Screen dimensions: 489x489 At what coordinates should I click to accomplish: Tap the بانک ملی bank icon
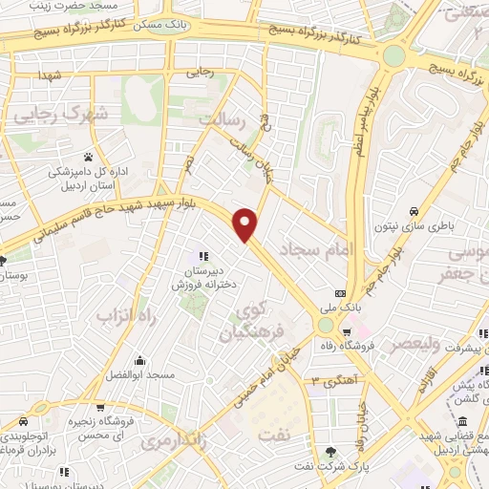pos(340,293)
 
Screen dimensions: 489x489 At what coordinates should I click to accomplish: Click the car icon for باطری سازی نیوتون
pos(413,211)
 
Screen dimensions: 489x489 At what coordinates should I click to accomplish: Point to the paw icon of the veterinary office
pos(89,157)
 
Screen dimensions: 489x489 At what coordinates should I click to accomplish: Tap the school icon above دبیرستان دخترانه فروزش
pos(202,255)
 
